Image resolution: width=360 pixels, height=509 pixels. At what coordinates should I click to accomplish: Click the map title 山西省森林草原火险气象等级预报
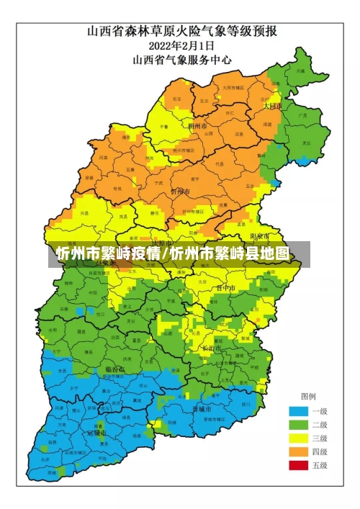point(184,32)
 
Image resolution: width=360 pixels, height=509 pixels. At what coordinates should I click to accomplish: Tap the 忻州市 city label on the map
point(180,192)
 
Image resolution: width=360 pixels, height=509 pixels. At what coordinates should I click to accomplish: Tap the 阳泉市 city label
point(259,236)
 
